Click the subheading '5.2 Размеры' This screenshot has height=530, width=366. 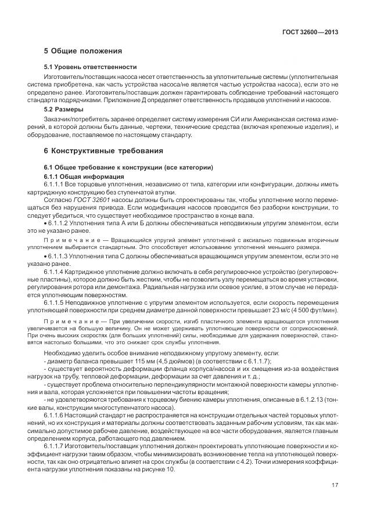pyautogui.click(x=64, y=109)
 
